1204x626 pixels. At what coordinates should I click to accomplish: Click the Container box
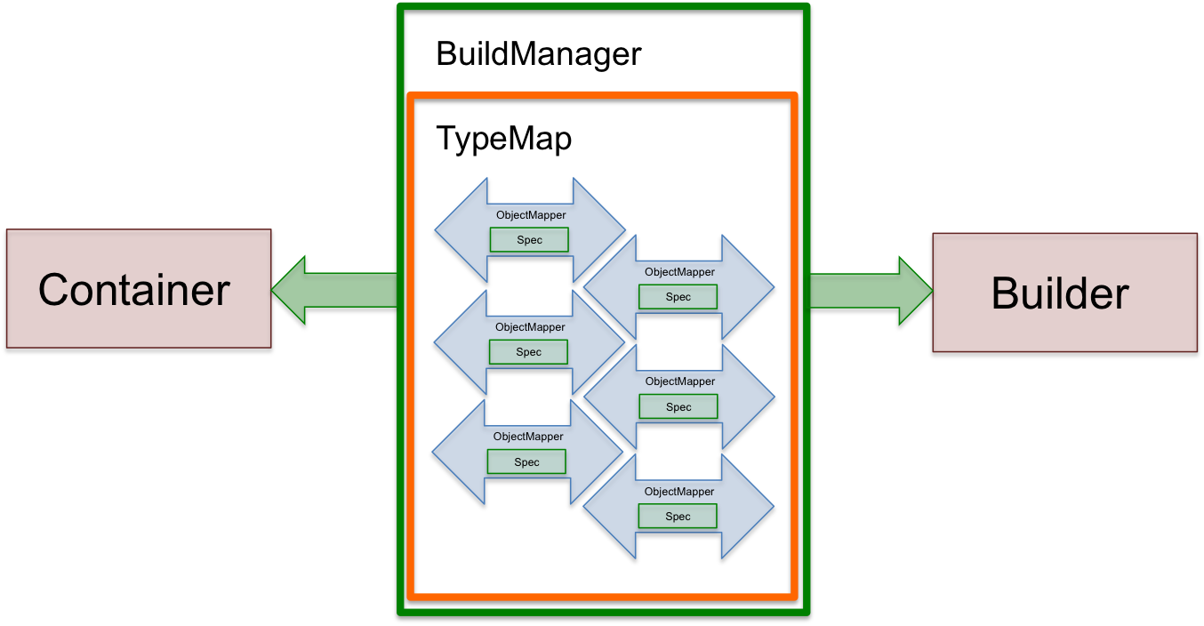pos(138,288)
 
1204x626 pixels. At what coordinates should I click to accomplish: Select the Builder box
pos(1064,293)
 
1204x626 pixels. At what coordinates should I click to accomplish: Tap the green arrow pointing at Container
pos(333,290)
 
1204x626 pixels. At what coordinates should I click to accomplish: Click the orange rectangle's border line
pos(411,356)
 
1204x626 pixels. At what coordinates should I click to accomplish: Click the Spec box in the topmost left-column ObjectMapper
pos(529,240)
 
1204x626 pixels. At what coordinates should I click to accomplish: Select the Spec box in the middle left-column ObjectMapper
pos(528,352)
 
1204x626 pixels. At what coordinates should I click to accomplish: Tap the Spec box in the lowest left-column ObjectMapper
pos(526,461)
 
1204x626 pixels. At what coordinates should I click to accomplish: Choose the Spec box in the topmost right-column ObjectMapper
pos(678,297)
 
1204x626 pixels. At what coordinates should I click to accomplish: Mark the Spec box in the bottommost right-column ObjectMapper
pos(677,517)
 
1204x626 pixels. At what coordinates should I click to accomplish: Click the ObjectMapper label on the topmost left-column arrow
pos(531,215)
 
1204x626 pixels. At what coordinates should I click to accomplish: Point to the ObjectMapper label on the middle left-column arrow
pos(530,327)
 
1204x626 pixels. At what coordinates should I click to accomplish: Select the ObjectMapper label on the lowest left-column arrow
pos(528,437)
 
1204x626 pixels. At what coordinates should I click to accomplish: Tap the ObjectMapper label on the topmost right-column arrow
pos(679,272)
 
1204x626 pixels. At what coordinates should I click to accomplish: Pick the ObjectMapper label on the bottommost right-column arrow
pos(679,492)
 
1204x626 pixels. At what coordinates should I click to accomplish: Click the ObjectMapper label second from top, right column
pos(680,381)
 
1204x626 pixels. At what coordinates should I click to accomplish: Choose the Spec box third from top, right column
pos(678,407)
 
